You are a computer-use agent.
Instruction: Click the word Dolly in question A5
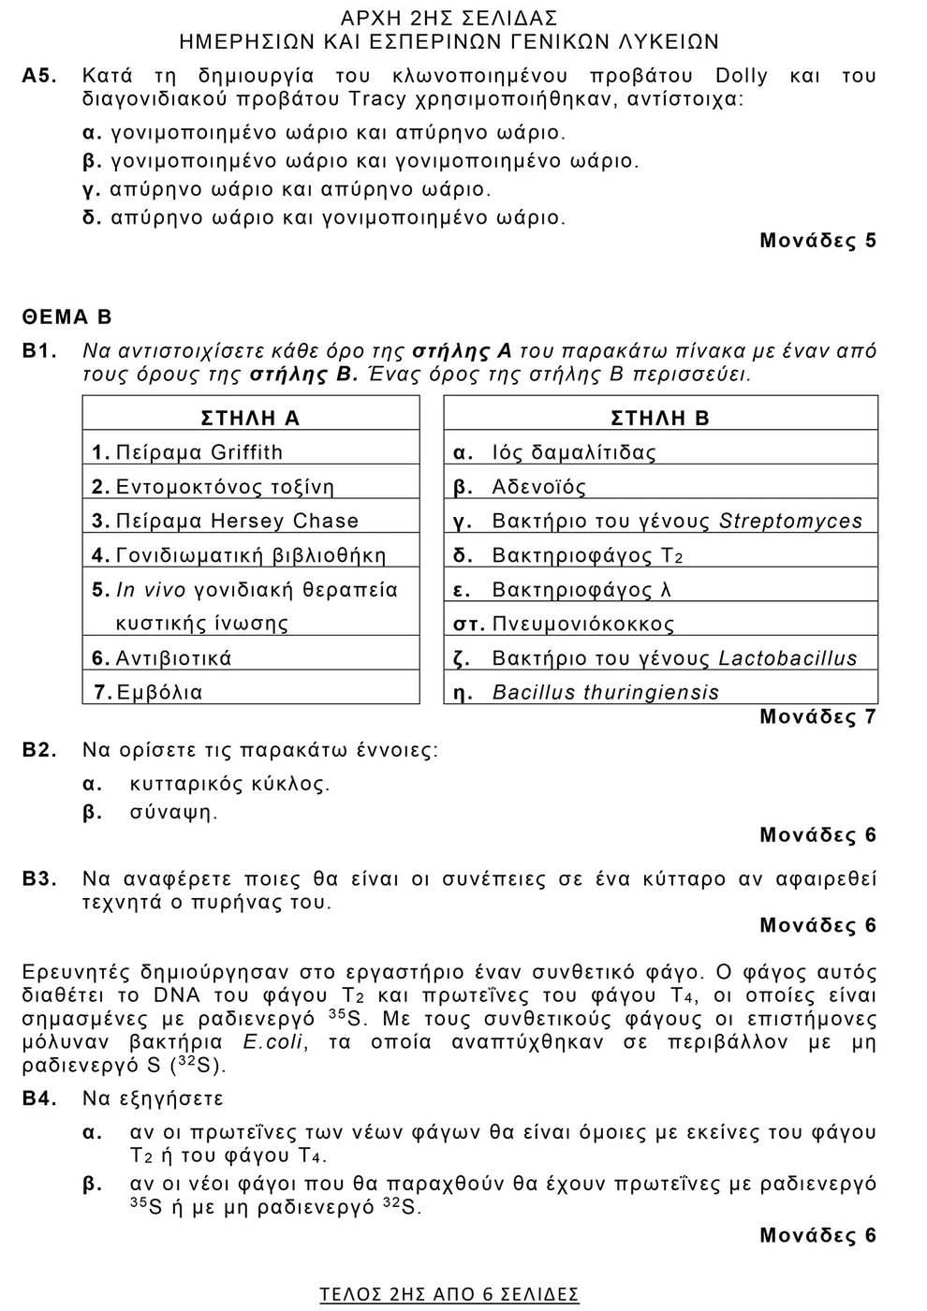(x=741, y=76)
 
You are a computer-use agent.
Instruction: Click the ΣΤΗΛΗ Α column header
(x=250, y=419)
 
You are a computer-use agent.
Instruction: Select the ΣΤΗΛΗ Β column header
(x=659, y=419)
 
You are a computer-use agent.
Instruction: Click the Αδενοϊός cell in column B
(x=538, y=488)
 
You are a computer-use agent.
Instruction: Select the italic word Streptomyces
(x=790, y=522)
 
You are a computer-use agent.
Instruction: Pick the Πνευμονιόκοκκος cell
(x=582, y=625)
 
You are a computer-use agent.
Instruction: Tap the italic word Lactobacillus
(x=787, y=658)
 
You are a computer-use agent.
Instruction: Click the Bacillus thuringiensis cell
(x=605, y=693)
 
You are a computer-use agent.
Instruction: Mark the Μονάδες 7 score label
(x=817, y=717)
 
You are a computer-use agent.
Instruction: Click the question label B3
(x=39, y=879)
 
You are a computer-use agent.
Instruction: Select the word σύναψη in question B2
(x=173, y=813)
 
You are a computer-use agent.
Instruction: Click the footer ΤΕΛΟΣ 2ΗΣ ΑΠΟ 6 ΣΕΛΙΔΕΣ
(x=449, y=1294)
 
